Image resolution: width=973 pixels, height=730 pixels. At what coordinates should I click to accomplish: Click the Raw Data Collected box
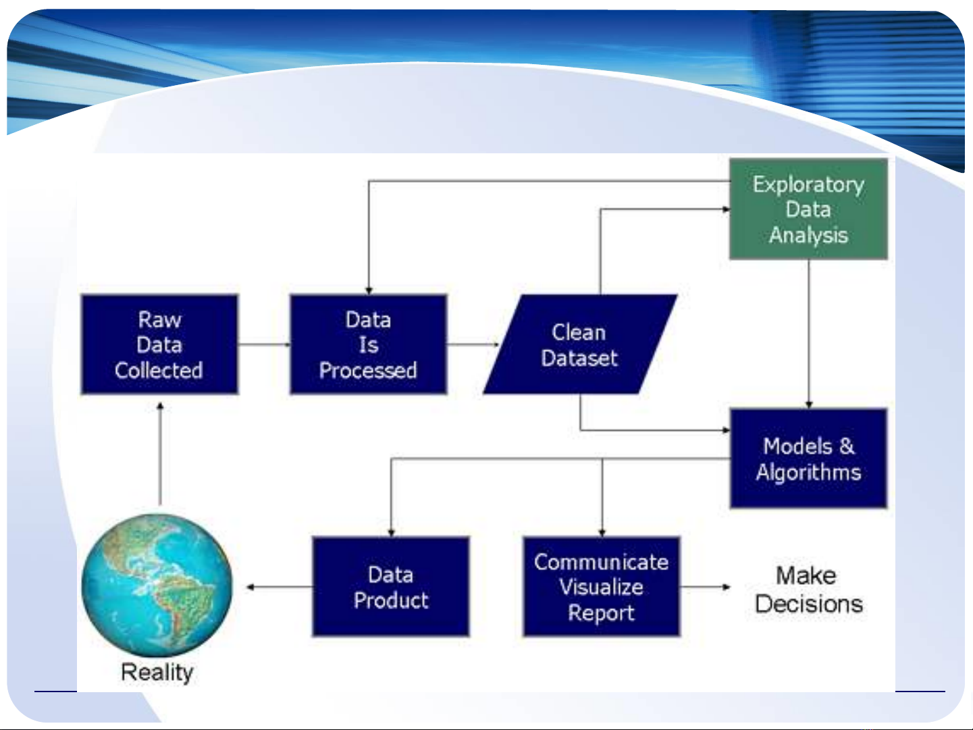159,344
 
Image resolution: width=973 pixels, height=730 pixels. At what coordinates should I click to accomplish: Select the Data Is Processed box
369,344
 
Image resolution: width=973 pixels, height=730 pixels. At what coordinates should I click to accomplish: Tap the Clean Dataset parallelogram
580,344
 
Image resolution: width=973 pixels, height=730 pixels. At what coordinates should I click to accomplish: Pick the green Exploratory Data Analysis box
808,209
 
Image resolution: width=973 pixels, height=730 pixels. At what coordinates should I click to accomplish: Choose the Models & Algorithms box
808,459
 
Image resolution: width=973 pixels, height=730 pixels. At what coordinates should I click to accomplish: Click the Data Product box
391,587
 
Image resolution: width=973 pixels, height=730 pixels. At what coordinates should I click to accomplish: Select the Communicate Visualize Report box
602,587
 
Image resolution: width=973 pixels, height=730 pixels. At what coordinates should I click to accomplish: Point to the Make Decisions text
808,590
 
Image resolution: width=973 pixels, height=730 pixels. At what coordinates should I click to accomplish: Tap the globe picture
157,585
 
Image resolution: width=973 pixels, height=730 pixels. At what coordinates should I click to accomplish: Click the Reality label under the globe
157,673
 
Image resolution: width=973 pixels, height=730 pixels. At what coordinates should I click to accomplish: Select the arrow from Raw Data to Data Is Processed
264,344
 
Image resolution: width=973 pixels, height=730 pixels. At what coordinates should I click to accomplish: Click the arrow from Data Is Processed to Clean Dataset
473,344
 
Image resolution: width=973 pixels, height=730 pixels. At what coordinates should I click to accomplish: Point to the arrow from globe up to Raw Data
161,454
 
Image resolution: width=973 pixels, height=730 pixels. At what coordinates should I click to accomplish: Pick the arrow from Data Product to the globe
280,588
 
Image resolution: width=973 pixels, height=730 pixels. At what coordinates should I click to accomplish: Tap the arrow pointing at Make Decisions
705,588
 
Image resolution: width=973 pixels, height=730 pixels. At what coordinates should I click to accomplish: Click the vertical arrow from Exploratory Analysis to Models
809,334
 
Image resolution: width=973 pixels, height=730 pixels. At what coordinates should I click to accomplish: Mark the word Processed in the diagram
369,371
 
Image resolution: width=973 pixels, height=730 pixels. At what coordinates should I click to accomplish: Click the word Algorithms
808,473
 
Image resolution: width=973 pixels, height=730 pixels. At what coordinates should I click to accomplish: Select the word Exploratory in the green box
808,185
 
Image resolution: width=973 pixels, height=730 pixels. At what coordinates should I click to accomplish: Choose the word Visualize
602,588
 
